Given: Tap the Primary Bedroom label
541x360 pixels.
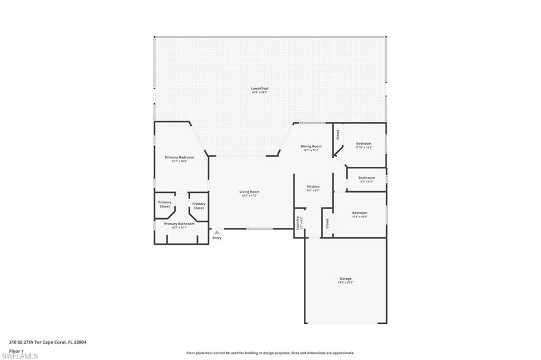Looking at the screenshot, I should pyautogui.click(x=179, y=157).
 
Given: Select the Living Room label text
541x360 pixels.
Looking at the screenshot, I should pyautogui.click(x=250, y=192).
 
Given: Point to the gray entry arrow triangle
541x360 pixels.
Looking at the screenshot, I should pyautogui.click(x=217, y=232).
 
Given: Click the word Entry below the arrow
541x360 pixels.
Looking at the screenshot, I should pyautogui.click(x=217, y=238).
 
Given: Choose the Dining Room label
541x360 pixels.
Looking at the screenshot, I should pyautogui.click(x=311, y=146).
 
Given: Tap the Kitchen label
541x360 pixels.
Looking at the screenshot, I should pyautogui.click(x=313, y=186).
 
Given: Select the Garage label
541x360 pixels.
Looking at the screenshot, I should pyautogui.click(x=346, y=279).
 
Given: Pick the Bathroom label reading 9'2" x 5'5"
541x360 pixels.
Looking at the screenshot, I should pyautogui.click(x=367, y=178).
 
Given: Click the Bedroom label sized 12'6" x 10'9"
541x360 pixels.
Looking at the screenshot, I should pyautogui.click(x=360, y=213).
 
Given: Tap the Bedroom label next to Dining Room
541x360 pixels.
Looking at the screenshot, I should pyautogui.click(x=363, y=144).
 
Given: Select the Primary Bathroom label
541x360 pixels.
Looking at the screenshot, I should pyautogui.click(x=179, y=224).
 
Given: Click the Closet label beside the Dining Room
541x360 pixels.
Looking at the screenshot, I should pyautogui.click(x=338, y=135).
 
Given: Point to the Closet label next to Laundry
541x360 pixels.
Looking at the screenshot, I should pyautogui.click(x=327, y=223).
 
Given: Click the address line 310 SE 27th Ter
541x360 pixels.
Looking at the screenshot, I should pyautogui.click(x=48, y=342).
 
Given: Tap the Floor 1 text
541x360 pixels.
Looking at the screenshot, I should pyautogui.click(x=16, y=350).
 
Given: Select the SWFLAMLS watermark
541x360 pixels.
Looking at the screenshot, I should pyautogui.click(x=20, y=356).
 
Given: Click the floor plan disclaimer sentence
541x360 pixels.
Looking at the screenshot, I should pyautogui.click(x=270, y=353).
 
